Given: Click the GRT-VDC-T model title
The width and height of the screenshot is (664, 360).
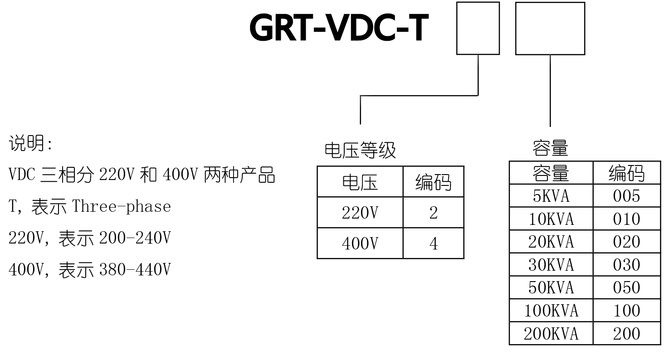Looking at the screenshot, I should (339, 28).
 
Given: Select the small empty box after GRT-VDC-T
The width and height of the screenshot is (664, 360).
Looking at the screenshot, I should (478, 28).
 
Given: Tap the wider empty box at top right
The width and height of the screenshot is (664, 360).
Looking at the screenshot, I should (550, 28).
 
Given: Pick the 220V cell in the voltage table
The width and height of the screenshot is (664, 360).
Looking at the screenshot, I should (360, 213).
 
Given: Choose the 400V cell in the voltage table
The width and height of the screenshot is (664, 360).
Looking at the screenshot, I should (360, 243).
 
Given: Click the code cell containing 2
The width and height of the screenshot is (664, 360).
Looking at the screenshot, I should (433, 213).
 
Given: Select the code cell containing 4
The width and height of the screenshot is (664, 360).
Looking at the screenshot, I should (433, 243).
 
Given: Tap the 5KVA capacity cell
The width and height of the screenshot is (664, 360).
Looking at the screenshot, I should (551, 196).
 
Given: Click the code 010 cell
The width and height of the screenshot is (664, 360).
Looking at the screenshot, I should (626, 219).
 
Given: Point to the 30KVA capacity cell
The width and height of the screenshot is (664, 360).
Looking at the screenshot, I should (551, 265).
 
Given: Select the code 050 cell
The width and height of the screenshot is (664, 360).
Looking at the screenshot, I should (626, 287).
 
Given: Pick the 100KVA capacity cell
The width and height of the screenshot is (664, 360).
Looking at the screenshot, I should (551, 311).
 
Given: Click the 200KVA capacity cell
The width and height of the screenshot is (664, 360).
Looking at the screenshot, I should (551, 334).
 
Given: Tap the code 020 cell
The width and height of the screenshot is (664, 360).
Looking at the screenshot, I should (626, 242).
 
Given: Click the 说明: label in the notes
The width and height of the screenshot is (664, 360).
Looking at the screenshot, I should (31, 144).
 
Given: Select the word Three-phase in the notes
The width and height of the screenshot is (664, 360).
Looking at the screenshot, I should (122, 206).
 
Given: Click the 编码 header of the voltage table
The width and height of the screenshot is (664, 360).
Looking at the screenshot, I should (433, 182).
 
